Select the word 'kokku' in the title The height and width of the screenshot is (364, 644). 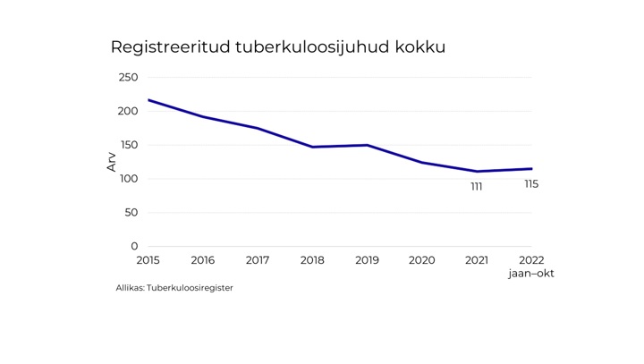pyautogui.click(x=420, y=47)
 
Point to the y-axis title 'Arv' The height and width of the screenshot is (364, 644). pyautogui.click(x=112, y=162)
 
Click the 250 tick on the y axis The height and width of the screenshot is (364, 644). pyautogui.click(x=128, y=78)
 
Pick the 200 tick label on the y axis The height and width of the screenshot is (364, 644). pyautogui.click(x=128, y=112)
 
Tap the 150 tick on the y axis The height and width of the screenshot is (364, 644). pyautogui.click(x=128, y=145)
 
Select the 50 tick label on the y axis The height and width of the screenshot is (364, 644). pyautogui.click(x=131, y=213)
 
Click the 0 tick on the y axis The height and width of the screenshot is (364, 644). pyautogui.click(x=134, y=247)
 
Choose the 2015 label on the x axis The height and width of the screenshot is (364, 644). pyautogui.click(x=148, y=260)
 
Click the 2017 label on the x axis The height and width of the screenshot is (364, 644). pyautogui.click(x=258, y=260)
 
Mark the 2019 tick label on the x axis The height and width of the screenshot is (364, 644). pyautogui.click(x=367, y=260)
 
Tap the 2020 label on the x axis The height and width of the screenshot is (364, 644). pyautogui.click(x=421, y=260)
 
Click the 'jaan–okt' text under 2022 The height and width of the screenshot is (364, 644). pyautogui.click(x=531, y=274)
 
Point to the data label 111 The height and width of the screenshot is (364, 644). pyautogui.click(x=477, y=187)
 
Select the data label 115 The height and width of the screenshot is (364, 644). pyautogui.click(x=531, y=184)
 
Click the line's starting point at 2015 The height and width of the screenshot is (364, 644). pyautogui.click(x=148, y=100)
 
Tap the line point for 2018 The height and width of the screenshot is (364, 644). pyautogui.click(x=312, y=147)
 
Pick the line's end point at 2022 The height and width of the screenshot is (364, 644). pyautogui.click(x=531, y=169)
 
